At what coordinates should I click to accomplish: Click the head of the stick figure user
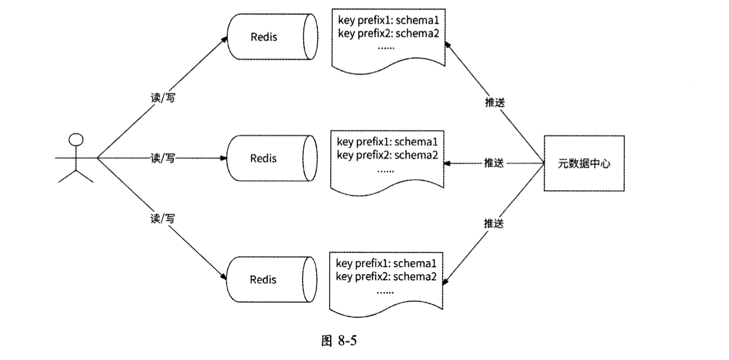pos(76,139)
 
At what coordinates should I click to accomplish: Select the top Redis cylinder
pos(270,37)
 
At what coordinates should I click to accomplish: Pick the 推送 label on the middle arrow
pos(494,163)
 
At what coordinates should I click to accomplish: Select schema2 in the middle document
pos(417,154)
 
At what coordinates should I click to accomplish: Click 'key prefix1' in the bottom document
pos(361,263)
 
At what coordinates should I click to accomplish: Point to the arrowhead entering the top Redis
pos(224,40)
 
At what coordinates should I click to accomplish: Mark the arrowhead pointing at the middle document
pos(448,163)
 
